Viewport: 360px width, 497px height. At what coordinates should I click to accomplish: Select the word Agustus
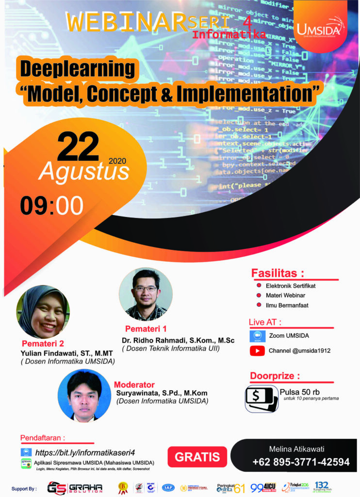(84, 171)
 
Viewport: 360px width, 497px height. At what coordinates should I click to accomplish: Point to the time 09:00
(51, 206)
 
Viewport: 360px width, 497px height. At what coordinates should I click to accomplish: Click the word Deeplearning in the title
(77, 69)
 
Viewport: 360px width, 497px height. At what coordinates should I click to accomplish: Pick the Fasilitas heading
(278, 273)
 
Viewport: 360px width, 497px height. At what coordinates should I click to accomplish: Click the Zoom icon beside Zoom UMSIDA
(257, 336)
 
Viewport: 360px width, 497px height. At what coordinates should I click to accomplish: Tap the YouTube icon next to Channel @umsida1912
(257, 350)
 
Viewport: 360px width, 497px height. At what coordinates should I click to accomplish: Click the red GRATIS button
(197, 456)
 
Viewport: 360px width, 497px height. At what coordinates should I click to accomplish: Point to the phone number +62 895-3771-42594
(301, 462)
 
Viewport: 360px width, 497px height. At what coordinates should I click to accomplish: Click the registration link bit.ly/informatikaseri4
(85, 452)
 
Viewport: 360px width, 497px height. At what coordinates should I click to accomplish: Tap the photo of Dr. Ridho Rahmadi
(146, 294)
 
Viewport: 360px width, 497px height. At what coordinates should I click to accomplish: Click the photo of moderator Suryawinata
(84, 395)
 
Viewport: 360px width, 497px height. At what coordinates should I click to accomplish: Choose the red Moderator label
(134, 384)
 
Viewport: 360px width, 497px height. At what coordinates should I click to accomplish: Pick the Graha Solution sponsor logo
(75, 487)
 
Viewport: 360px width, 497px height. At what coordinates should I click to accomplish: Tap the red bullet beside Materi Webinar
(259, 295)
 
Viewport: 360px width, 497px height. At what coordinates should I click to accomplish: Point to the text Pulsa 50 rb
(300, 392)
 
